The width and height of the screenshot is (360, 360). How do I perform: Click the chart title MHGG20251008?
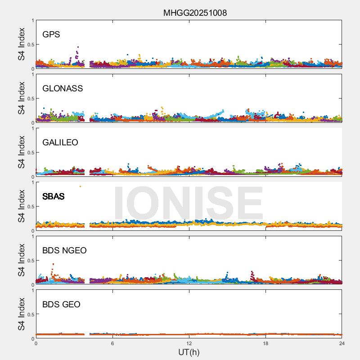coord(195,13)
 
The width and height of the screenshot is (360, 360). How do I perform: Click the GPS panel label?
coord(51,35)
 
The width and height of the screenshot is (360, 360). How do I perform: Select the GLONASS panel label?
coord(63,89)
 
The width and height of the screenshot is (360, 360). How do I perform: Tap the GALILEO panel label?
coord(60,143)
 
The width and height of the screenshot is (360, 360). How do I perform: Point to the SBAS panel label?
coord(54,197)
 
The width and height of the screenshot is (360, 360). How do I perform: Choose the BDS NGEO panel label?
coord(64,251)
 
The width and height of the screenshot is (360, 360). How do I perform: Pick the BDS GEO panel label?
coord(61,305)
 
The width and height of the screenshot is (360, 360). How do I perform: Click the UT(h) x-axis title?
coord(189,352)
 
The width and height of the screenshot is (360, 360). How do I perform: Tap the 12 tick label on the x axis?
coord(189,343)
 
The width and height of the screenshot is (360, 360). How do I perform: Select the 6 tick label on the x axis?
coord(112,343)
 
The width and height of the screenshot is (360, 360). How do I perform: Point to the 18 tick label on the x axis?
coord(265,343)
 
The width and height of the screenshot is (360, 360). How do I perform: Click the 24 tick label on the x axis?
coord(342,343)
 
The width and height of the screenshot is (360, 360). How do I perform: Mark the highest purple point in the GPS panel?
coord(78,47)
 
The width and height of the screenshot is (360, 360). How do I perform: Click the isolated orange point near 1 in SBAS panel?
coord(80,186)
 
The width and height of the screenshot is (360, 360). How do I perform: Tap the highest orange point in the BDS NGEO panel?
coord(53,264)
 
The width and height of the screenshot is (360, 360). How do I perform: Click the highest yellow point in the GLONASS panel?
coord(162,108)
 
